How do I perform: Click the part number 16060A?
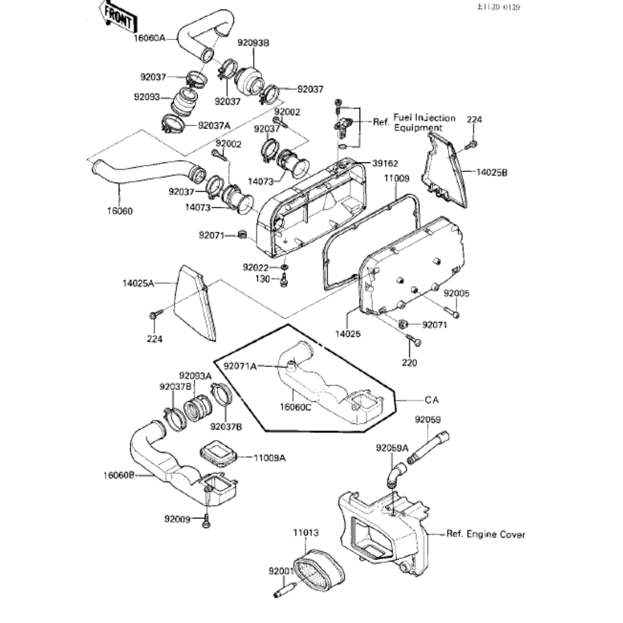[x=149, y=38]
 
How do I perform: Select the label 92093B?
[x=253, y=42]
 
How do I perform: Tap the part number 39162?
[x=385, y=163]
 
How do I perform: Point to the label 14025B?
[x=492, y=173]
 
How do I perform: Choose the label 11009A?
[x=269, y=458]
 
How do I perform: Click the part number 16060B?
[x=119, y=475]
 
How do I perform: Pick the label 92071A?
[x=240, y=366]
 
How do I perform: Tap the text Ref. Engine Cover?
[x=486, y=534]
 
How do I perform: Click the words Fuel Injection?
[x=424, y=118]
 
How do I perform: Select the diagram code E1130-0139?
[x=499, y=7]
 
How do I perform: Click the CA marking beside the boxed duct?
[x=431, y=400]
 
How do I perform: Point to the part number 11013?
[x=306, y=532]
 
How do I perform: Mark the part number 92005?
[x=456, y=293]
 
